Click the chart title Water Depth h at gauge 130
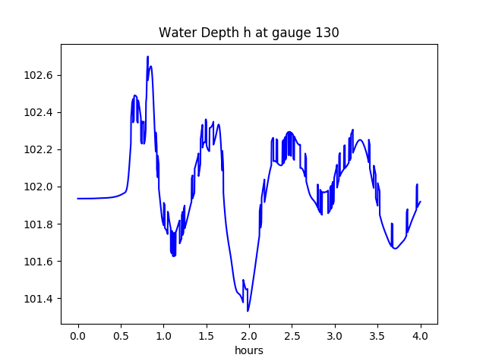tap(248, 33)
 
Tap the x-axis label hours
tap(248, 350)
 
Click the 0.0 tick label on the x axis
tap(77, 335)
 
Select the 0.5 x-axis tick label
tap(121, 335)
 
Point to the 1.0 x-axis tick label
tap(163, 335)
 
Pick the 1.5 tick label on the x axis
tap(206, 335)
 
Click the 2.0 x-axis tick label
tap(249, 335)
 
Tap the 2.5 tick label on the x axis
tap(292, 335)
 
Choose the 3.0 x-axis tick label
tap(335, 335)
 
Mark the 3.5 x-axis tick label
tap(377, 335)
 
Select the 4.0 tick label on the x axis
tap(420, 335)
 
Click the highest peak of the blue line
tap(148, 57)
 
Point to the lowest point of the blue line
tap(248, 311)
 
